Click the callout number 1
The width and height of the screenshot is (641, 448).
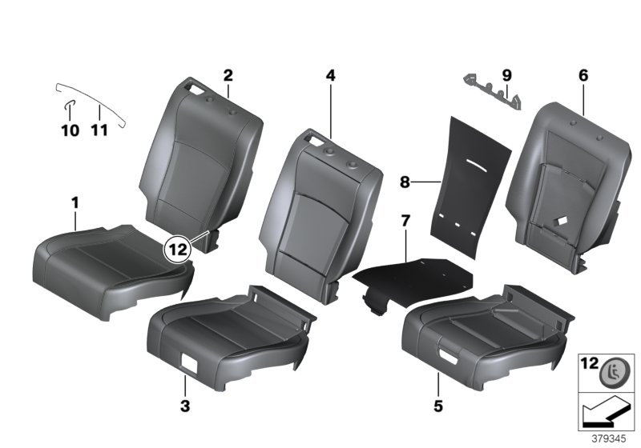(75, 204)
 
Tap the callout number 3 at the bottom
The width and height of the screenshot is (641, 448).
(185, 406)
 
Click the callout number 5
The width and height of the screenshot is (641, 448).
(437, 406)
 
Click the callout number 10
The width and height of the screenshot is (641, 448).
(71, 130)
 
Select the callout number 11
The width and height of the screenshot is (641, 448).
(99, 130)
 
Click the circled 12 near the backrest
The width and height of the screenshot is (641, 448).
(178, 249)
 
